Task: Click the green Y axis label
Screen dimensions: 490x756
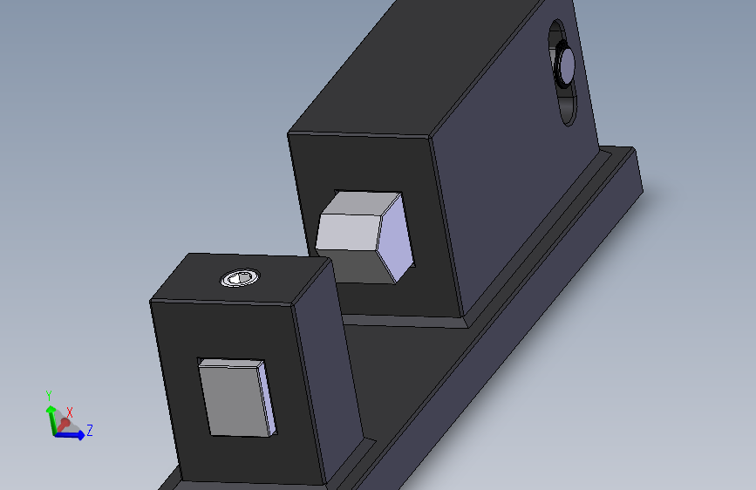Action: [49, 395]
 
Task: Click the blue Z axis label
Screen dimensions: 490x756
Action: [90, 430]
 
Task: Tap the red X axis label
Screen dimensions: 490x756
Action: [70, 412]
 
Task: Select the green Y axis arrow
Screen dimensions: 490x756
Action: [51, 414]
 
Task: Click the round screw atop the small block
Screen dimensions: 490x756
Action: [238, 278]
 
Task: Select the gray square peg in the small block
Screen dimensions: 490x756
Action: [232, 398]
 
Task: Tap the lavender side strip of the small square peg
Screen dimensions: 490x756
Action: [268, 398]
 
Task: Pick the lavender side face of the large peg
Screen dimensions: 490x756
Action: [398, 236]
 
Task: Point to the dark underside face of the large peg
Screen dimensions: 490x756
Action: [358, 266]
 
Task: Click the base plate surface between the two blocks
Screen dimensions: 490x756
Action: [410, 366]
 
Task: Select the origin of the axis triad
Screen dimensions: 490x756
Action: [58, 432]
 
